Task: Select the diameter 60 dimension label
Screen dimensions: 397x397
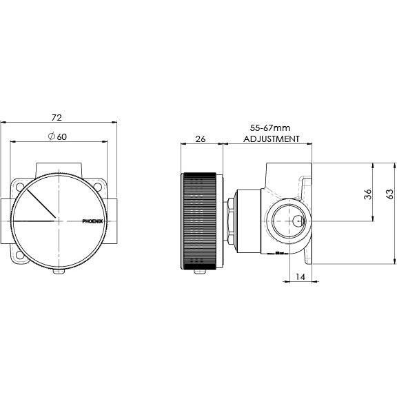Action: coord(57,136)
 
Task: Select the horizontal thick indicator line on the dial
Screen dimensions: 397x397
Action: coord(34,221)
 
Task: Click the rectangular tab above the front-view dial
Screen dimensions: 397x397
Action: coord(59,168)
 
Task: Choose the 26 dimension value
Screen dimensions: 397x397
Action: coord(201,139)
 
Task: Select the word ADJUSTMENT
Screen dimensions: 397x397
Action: coord(272,139)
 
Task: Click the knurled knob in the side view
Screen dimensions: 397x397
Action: coord(201,221)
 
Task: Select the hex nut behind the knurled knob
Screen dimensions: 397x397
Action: coord(232,221)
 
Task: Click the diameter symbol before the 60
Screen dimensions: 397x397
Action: coord(51,136)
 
